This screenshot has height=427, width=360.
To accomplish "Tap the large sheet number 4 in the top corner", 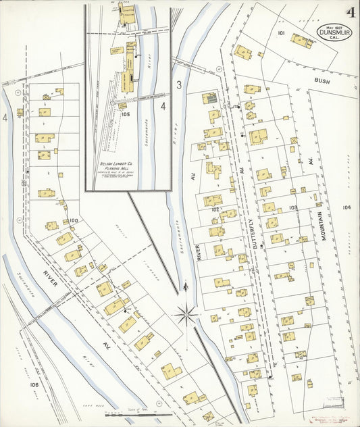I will [x=351, y=12].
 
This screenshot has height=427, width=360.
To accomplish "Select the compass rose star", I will [x=185, y=313].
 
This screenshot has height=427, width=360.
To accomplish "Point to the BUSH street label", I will [x=322, y=80].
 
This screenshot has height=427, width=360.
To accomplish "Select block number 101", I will [x=281, y=32].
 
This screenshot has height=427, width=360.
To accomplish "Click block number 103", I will [x=292, y=207].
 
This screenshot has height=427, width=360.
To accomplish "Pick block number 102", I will [x=215, y=209].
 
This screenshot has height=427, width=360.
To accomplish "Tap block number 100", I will [x=74, y=220].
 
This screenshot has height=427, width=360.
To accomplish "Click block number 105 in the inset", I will [x=125, y=114].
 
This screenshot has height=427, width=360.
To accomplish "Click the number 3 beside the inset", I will [x=179, y=84].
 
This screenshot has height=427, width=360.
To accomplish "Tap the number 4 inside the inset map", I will [x=163, y=106].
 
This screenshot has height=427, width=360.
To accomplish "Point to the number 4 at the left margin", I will [x=5, y=118].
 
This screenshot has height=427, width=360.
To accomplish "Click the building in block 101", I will [x=302, y=41].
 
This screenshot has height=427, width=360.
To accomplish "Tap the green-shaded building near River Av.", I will [x=211, y=99].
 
